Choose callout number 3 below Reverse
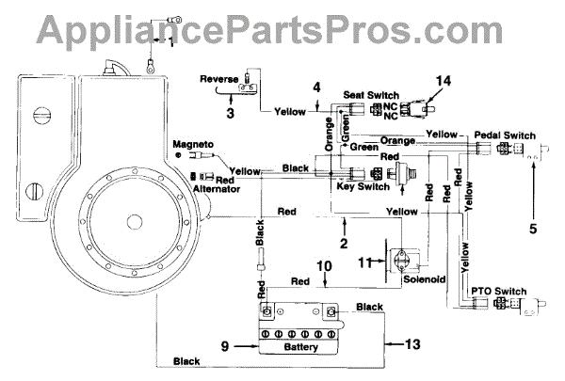pyautogui.click(x=230, y=112)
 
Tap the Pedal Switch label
pyautogui.click(x=506, y=135)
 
